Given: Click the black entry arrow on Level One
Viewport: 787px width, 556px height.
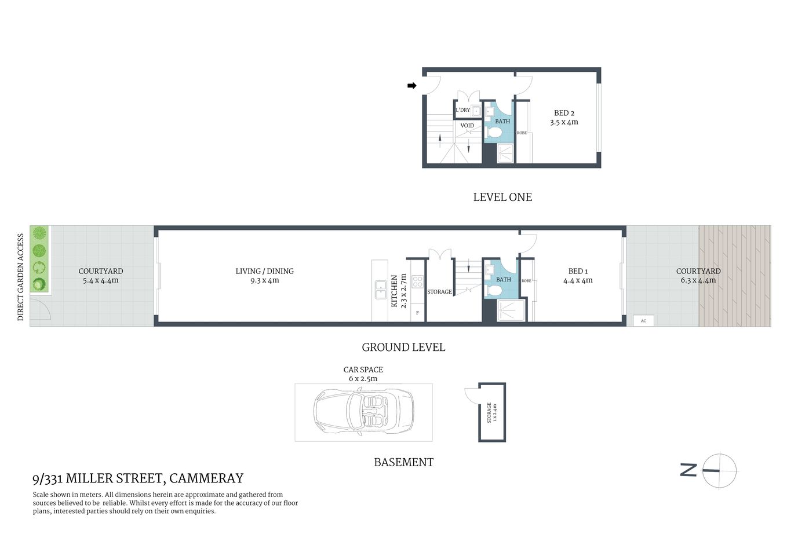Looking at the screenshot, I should pos(412,86).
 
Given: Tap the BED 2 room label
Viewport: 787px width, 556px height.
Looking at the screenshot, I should pos(564,114).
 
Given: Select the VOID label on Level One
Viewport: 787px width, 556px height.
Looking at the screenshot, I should pos(467,126).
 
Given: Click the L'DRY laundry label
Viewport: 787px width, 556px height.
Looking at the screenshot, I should pos(462,110).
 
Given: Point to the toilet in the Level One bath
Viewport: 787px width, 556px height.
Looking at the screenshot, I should pos(494,133).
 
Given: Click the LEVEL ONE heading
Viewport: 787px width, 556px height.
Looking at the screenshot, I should pos(502,197).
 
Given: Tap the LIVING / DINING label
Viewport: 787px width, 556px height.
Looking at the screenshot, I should pos(264,271).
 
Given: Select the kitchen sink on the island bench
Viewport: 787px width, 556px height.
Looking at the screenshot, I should pos(380,290).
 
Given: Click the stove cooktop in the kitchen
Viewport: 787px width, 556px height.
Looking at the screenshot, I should pos(417,282).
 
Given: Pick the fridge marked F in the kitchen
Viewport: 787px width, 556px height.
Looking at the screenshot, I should pos(417,313).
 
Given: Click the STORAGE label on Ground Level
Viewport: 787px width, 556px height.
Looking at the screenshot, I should pos(439,292).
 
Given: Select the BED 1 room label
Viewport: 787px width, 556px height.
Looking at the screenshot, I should pos(578,271).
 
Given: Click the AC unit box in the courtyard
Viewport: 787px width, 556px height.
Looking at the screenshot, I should pos(643,321).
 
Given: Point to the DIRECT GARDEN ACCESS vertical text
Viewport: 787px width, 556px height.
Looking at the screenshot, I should pos(21,277).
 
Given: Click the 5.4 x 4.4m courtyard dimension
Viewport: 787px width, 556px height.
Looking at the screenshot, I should pos(101,281).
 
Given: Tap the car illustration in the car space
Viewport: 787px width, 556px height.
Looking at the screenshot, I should pos(363,412).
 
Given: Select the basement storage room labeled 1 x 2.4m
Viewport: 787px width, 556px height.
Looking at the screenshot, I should pos(491,412).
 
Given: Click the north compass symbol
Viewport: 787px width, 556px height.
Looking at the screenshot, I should pos(719,470).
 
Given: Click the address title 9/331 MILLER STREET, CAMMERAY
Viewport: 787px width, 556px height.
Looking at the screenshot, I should pos(138,478).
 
